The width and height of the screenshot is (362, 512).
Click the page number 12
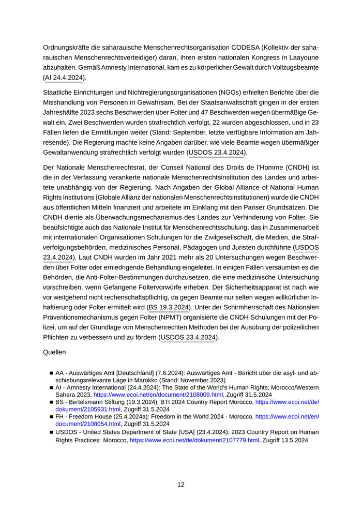tap(181, 485)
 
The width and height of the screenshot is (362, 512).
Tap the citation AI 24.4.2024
tap(65, 78)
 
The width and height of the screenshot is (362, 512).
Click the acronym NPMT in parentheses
tap(174, 317)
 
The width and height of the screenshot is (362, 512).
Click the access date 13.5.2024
tap(294, 440)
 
